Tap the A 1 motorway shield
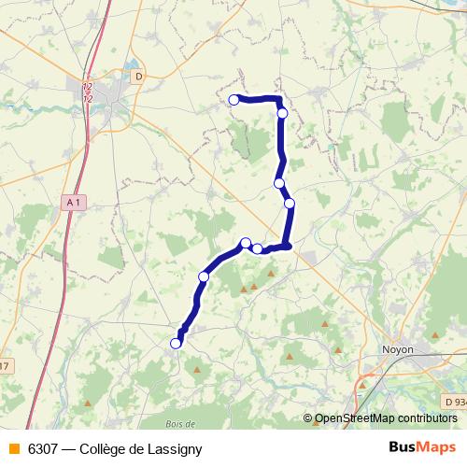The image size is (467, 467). [x=75, y=201]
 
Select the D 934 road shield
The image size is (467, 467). [x=454, y=402]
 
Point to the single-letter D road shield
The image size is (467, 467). [x=139, y=76]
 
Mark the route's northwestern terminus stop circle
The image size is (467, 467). [x=234, y=100]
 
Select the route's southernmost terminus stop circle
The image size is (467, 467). [x=176, y=344]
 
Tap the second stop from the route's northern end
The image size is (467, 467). [x=282, y=113]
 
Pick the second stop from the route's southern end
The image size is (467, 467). [x=204, y=276]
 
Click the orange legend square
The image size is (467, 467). [x=13, y=448]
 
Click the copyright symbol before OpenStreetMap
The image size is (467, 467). [x=309, y=418]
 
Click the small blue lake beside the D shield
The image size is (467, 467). [x=128, y=68]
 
